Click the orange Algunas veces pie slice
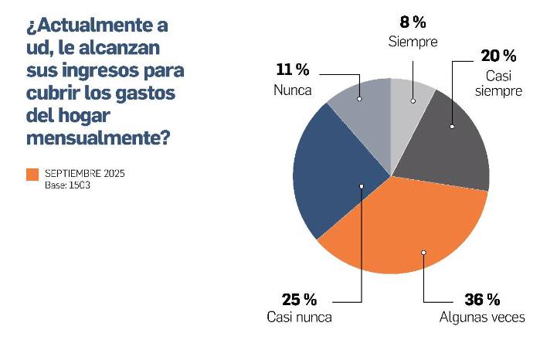[402, 232]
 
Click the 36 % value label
[482, 300]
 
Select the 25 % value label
[300, 300]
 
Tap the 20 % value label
[498, 56]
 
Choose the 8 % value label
[412, 22]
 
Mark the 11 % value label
[293, 70]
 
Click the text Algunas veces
[482, 318]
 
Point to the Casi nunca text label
[299, 318]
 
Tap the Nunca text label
[293, 90]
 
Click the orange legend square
[32, 175]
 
